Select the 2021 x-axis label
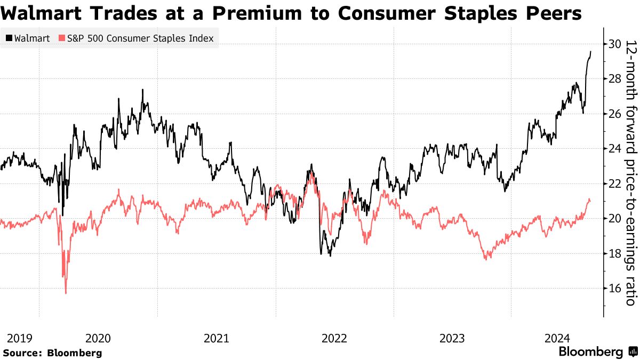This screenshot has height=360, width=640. (217, 338)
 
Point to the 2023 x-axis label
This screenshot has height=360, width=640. (452, 338)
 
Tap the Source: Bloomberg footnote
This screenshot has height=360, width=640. (52, 353)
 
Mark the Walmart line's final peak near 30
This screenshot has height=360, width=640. (590, 52)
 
